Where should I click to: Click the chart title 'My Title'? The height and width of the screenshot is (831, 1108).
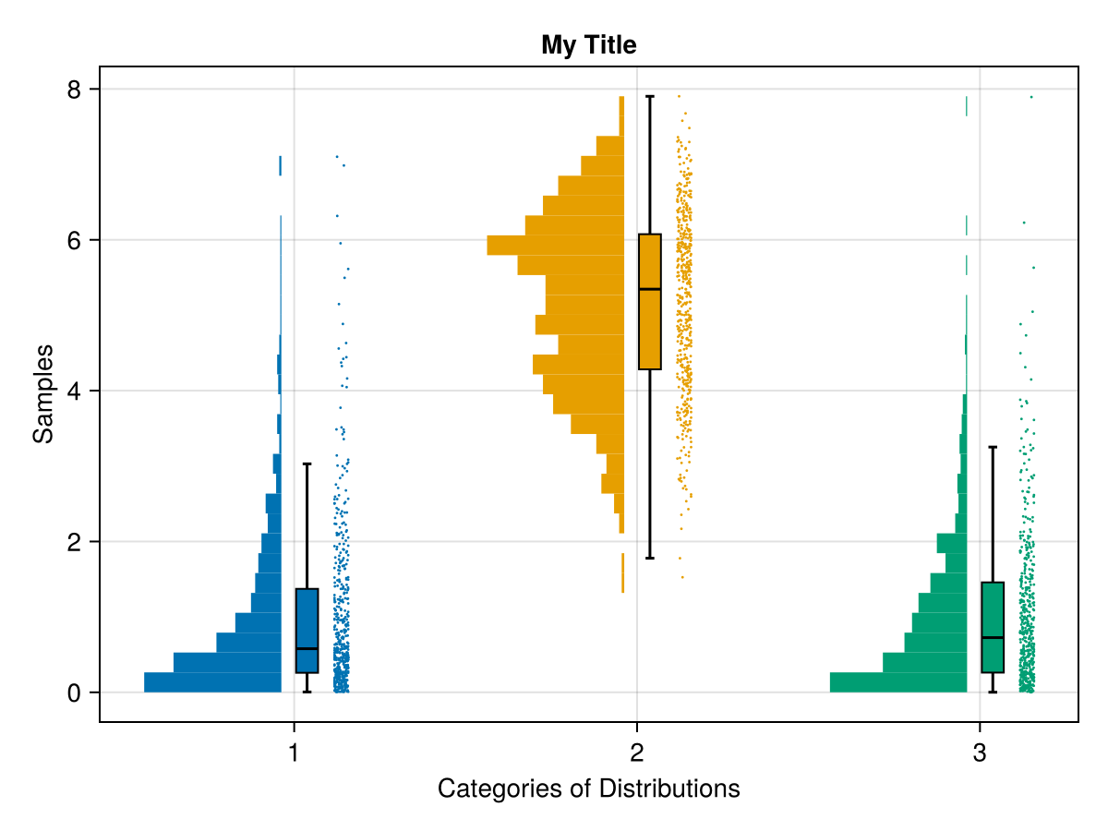[588, 44]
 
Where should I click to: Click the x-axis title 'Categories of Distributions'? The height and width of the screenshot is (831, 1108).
[588, 789]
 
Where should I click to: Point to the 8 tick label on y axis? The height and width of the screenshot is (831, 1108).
[75, 90]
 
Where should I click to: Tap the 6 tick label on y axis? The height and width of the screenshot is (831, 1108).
[75, 240]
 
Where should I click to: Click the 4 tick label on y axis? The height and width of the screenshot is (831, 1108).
[75, 391]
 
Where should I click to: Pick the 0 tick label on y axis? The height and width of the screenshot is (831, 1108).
[75, 692]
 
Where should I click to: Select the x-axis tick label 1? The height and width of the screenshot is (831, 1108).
[294, 753]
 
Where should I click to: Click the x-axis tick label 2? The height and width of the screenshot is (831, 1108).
[636, 753]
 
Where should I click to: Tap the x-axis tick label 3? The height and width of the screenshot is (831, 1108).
[979, 753]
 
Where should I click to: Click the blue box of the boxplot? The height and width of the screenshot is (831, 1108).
[307, 631]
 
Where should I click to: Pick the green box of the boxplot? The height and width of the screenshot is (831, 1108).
[993, 627]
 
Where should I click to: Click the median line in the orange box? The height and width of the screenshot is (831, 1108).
[650, 289]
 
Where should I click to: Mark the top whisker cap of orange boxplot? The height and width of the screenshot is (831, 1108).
[650, 96]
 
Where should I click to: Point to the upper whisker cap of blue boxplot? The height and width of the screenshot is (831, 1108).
[307, 464]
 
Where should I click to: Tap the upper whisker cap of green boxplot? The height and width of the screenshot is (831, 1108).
[993, 447]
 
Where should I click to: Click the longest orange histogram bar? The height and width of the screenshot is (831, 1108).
[555, 245]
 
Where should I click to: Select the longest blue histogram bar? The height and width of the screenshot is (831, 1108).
[212, 682]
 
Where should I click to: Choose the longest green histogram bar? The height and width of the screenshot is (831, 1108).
[897, 682]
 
